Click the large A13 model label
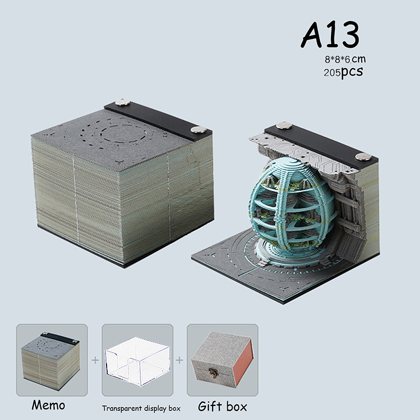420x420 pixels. pyautogui.click(x=330, y=35)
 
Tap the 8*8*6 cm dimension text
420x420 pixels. pyautogui.click(x=345, y=59)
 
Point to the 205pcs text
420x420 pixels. pyautogui.click(x=343, y=72)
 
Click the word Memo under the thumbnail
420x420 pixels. pyautogui.click(x=48, y=405)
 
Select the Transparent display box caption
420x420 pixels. pyautogui.click(x=141, y=408)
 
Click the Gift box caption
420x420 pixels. pyautogui.click(x=222, y=406)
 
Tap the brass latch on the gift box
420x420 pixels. pyautogui.click(x=214, y=373)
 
